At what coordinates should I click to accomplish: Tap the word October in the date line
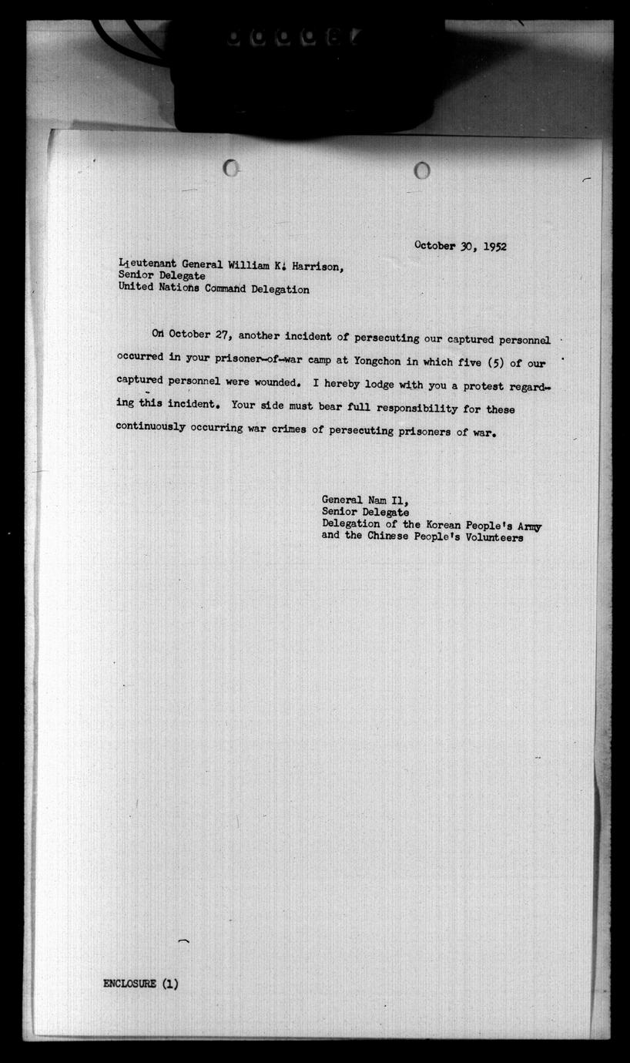point(434,246)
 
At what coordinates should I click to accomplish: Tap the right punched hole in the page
point(422,170)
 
